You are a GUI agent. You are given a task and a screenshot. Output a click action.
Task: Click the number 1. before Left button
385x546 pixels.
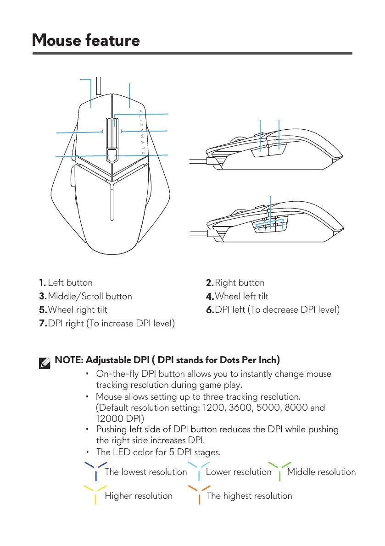(x=42, y=283)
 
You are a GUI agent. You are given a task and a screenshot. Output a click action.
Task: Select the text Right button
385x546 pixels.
(x=240, y=283)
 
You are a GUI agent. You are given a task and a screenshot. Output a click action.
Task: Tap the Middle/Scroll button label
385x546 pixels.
(x=90, y=297)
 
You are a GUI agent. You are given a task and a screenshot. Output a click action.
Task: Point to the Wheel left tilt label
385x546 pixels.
(x=241, y=297)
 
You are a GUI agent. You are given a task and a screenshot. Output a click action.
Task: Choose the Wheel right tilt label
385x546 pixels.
(x=77, y=310)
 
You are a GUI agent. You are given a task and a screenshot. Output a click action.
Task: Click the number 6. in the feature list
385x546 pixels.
(x=210, y=310)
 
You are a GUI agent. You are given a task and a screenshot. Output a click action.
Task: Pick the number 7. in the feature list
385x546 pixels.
(x=43, y=324)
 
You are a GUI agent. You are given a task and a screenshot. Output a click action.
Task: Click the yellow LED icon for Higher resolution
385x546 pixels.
(x=95, y=494)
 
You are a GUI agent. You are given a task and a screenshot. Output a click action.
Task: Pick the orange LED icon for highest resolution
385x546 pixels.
(x=199, y=494)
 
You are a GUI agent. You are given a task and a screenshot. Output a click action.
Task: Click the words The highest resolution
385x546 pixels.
(x=249, y=496)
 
